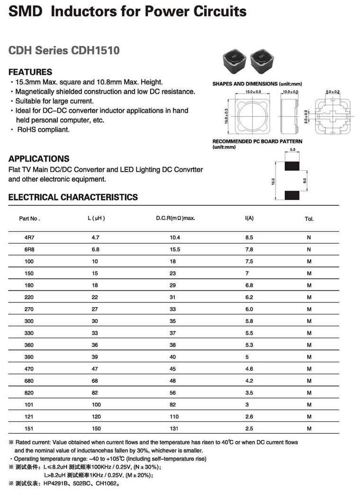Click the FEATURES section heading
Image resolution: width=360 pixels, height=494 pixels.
tap(30, 72)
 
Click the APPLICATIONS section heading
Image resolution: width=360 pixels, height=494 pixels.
tap(39, 159)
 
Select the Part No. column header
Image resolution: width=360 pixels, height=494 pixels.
tap(29, 219)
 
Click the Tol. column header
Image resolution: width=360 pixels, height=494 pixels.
tap(309, 219)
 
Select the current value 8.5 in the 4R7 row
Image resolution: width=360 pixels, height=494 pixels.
tap(249, 237)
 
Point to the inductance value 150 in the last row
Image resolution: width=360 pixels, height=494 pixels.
tap(97, 429)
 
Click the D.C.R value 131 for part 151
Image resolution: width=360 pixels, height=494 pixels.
tap(174, 429)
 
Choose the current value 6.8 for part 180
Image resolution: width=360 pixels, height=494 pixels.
tap(249, 285)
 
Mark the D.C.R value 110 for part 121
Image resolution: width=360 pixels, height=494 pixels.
tap(174, 417)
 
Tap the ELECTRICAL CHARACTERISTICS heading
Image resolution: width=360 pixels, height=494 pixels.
tap(73, 197)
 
